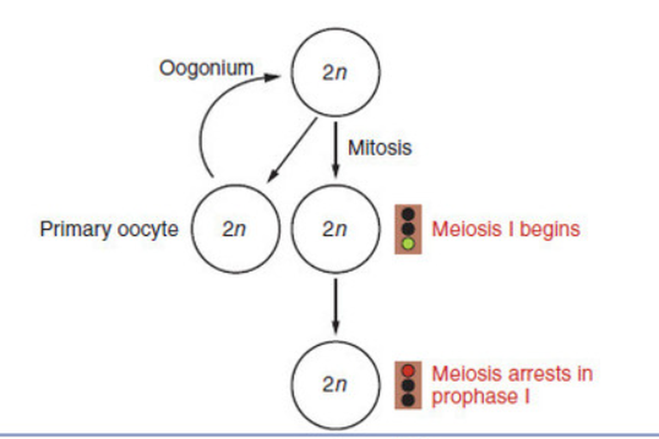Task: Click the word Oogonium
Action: click(x=206, y=68)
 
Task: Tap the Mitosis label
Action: click(x=379, y=147)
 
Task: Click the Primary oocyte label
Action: click(x=109, y=229)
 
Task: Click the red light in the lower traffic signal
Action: click(x=407, y=370)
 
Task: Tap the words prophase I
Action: click(x=481, y=397)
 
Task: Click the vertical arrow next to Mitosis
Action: click(x=336, y=151)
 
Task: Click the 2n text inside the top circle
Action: click(x=334, y=73)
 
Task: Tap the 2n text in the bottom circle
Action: click(x=334, y=385)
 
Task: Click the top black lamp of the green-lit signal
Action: click(x=407, y=213)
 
